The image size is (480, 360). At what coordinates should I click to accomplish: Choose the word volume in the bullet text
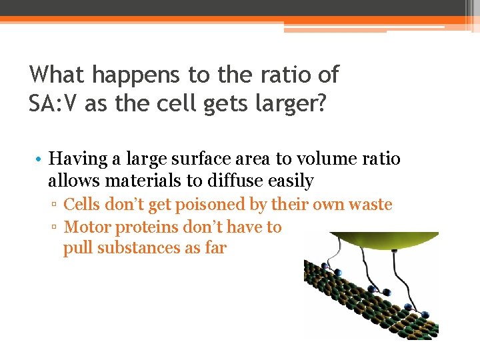coord(323,159)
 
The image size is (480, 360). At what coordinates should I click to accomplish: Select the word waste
coord(367,205)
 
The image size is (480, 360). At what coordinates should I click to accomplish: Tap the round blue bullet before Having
coord(40,160)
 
